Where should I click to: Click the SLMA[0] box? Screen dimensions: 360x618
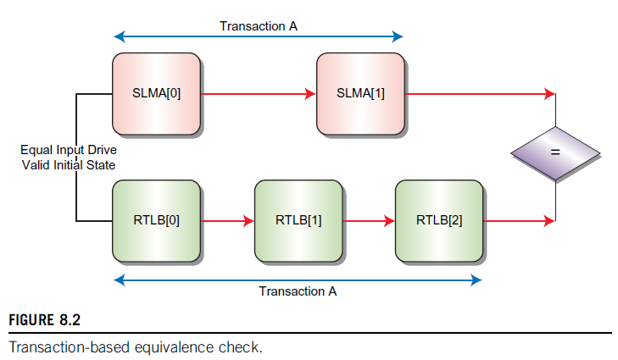pos(157,93)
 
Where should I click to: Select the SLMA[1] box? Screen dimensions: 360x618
pos(360,93)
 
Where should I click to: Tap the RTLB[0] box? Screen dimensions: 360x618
pos(157,221)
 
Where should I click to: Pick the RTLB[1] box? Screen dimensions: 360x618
pos(298,221)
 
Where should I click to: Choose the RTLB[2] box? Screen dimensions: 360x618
pos(439,221)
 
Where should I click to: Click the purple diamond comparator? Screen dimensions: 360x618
pos(555,153)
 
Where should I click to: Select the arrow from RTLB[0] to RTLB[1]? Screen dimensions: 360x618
pos(227,221)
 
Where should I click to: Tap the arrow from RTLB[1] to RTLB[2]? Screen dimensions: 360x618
pos(368,221)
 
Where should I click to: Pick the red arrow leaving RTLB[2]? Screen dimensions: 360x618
pos(519,221)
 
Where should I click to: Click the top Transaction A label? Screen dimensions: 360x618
pos(259,26)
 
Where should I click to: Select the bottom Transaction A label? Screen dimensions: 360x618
pos(298,291)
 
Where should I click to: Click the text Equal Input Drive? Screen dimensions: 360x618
pos(69,150)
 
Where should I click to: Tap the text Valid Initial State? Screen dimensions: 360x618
pos(69,164)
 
